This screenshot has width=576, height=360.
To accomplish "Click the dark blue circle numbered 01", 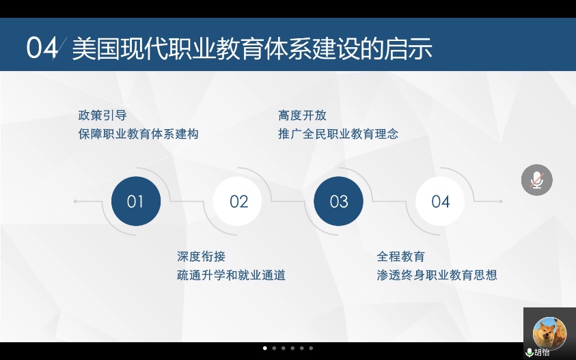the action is point(136,202).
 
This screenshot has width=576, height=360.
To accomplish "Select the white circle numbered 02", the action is point(237,202).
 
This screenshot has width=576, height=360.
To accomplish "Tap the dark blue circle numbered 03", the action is point(338,202).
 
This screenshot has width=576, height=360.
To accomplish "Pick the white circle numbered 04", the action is point(440,202).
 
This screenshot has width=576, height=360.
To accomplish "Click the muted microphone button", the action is point(536,180).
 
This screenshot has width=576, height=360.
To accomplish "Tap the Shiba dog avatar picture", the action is point(549,333).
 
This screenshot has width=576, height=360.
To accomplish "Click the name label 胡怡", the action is point(542,352).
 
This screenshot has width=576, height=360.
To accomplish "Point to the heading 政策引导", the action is point(102,115).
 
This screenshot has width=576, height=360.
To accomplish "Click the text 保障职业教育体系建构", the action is point(139,134).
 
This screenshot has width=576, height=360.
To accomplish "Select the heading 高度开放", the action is point(302,115).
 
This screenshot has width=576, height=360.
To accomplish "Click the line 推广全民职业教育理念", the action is point(338,134).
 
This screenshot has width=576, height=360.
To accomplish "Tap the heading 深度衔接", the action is point(201,256).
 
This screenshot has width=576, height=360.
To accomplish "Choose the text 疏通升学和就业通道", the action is point(231,275).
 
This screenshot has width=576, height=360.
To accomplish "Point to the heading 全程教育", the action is point(401,256).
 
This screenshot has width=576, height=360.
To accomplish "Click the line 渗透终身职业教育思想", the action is point(437,275).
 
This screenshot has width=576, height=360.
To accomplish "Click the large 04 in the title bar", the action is point(42,48).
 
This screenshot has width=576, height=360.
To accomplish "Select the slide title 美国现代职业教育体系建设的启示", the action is point(252,49).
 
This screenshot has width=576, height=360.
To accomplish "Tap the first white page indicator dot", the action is point(265,348).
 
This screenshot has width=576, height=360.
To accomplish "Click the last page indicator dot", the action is point(311,348).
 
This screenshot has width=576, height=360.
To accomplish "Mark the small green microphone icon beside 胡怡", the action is point(530,352).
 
